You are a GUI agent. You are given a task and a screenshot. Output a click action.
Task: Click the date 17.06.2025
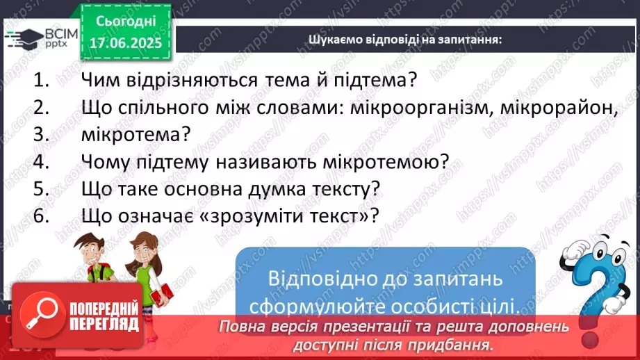pyautogui.click(x=125, y=42)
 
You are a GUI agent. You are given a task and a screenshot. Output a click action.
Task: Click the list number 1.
pyautogui.click(x=42, y=79)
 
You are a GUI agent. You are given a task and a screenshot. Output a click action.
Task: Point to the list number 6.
pyautogui.click(x=42, y=215)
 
